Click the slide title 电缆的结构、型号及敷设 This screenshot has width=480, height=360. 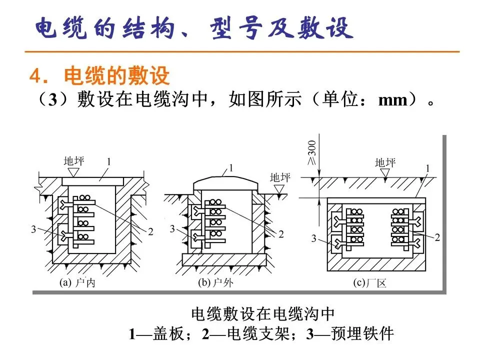point(193,28)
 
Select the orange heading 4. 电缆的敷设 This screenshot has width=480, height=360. point(100,76)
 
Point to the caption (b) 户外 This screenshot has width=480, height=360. point(215,283)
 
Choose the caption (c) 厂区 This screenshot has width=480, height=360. point(370,283)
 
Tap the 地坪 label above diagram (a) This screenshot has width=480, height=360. point(74,161)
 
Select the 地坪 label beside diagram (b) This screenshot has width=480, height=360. point(279,177)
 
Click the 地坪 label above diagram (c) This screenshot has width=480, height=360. point(385,162)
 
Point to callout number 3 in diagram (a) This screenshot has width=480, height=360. point(33,229)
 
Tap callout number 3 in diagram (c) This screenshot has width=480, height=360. point(314,239)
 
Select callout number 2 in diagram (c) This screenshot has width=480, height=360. point(437,238)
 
